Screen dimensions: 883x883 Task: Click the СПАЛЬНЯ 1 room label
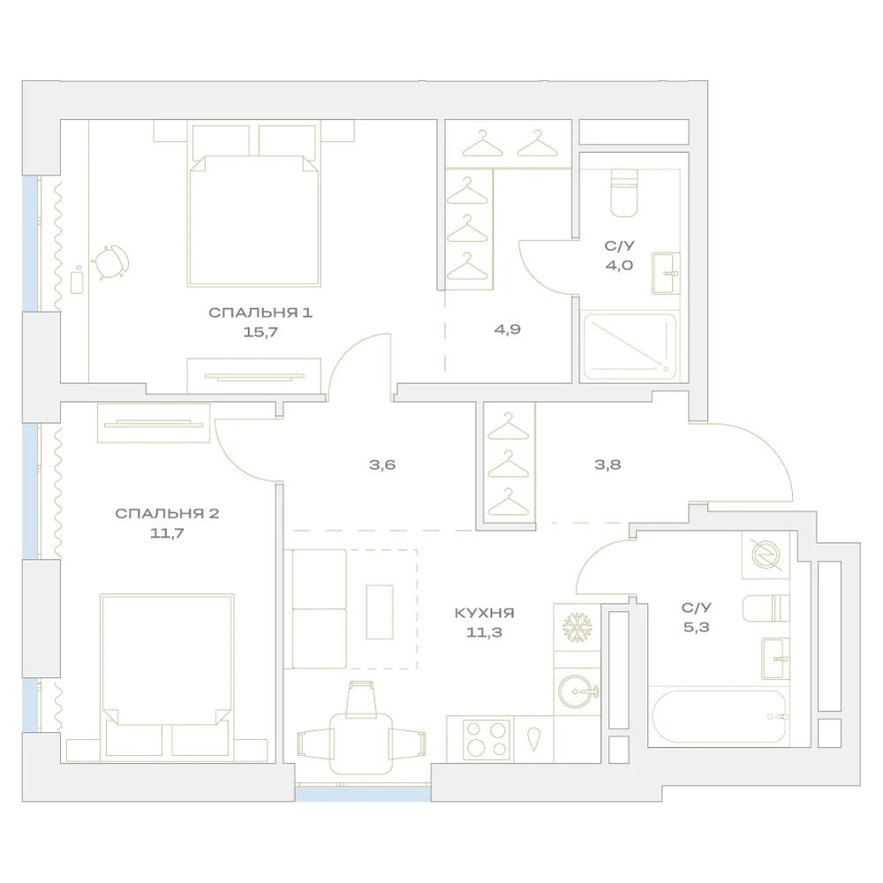click(260, 313)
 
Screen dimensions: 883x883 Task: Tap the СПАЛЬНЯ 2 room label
click(167, 514)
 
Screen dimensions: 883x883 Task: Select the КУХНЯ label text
click(484, 613)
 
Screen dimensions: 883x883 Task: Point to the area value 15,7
click(260, 332)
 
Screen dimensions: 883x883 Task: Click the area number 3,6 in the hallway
click(382, 464)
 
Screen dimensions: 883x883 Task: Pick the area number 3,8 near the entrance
click(608, 464)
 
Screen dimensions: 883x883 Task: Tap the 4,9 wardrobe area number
click(508, 329)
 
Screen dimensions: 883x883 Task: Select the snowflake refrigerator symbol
click(577, 628)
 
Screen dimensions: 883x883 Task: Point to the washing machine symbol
click(766, 555)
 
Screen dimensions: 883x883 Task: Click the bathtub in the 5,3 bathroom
click(720, 717)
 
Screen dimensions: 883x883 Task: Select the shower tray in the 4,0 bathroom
click(630, 346)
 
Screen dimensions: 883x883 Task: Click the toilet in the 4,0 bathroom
click(624, 192)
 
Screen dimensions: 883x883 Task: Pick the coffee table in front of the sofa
click(380, 612)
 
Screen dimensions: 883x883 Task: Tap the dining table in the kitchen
click(361, 743)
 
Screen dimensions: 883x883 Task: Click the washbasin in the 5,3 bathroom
click(775, 659)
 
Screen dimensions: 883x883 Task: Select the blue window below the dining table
click(363, 794)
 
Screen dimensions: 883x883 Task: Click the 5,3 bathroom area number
click(697, 627)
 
